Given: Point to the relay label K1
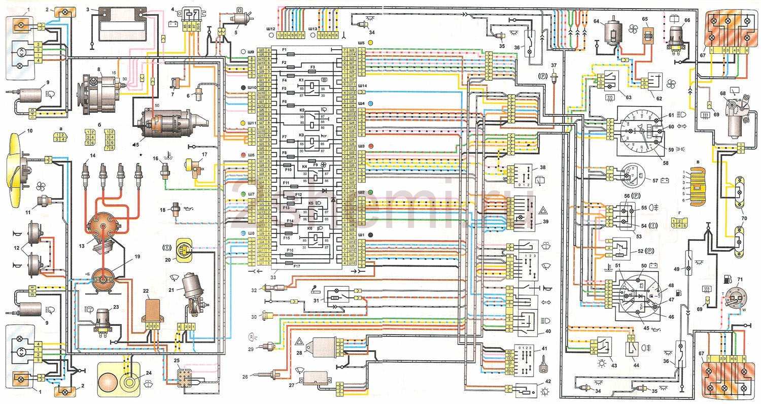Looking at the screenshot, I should pyautogui.click(x=301, y=80).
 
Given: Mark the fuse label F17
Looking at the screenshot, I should pyautogui.click(x=297, y=266).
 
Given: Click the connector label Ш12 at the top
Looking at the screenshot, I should pyautogui.click(x=270, y=29).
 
